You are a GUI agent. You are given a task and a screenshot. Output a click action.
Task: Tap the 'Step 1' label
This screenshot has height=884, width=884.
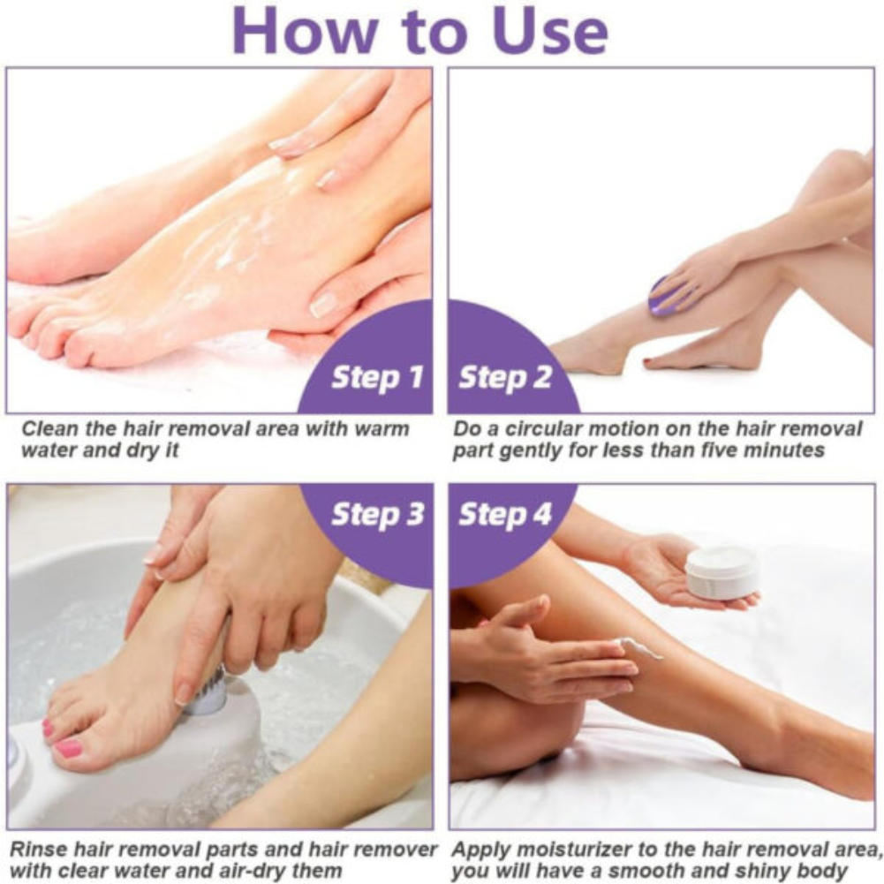(x=377, y=377)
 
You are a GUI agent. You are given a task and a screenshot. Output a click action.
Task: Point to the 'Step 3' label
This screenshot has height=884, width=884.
(x=377, y=515)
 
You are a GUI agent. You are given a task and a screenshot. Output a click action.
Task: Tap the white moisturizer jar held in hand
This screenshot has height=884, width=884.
(x=722, y=572)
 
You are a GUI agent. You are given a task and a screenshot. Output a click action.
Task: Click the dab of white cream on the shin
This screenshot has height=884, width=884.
(x=644, y=649)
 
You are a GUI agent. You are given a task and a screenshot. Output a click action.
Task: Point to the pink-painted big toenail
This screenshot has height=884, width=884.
(x=67, y=748)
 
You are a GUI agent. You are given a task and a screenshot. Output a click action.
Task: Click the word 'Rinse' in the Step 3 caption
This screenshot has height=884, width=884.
(x=37, y=850)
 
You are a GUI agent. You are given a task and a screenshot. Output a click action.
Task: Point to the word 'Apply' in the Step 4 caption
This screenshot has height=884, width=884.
(x=480, y=850)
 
